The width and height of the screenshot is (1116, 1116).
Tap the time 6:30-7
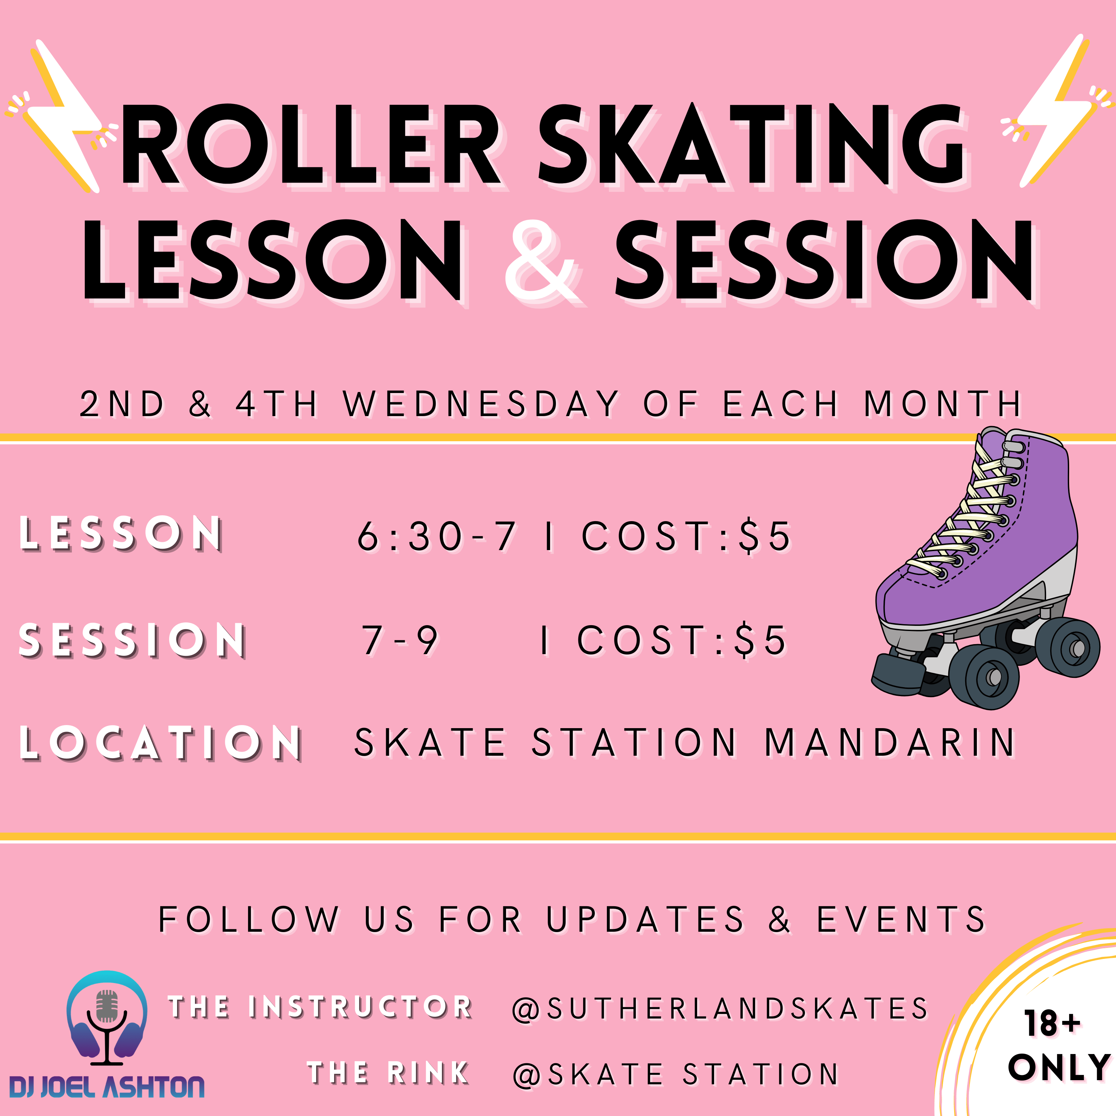click(x=436, y=536)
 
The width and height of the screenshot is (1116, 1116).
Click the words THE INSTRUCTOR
click(x=321, y=1007)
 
